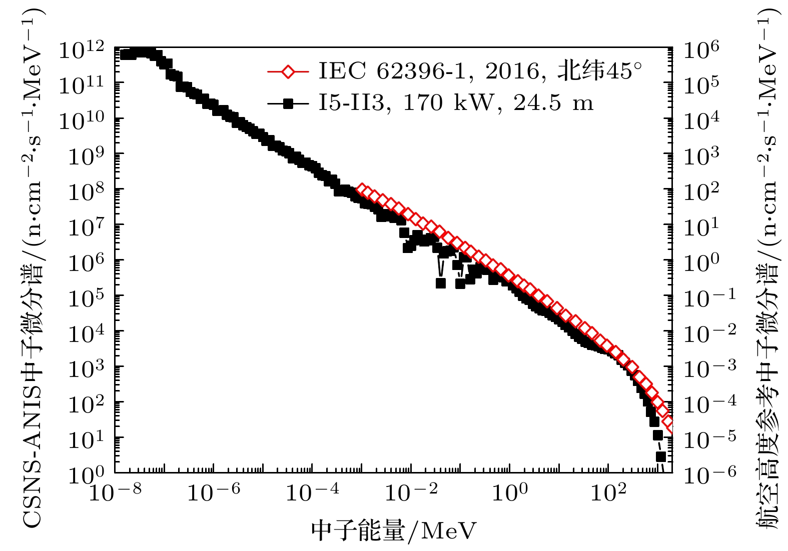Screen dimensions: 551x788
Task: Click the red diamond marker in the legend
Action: coord(288,71)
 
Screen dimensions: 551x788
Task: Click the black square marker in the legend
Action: coord(288,103)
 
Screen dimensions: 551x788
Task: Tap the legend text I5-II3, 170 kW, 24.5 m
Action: coord(456,103)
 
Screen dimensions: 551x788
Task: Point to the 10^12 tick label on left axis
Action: coord(81,50)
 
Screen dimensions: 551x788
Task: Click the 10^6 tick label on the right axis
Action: coord(701,50)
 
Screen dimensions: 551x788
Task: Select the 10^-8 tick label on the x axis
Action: coord(115,492)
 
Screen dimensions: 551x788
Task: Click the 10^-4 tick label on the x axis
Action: coord(312,492)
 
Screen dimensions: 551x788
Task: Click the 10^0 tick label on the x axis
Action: coord(509,492)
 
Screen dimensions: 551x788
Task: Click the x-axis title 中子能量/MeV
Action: coord(394,530)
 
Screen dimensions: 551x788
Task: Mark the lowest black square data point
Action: coord(661,456)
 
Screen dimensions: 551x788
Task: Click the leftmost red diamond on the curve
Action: coord(361,189)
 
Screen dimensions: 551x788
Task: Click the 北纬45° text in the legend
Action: coord(599,71)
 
